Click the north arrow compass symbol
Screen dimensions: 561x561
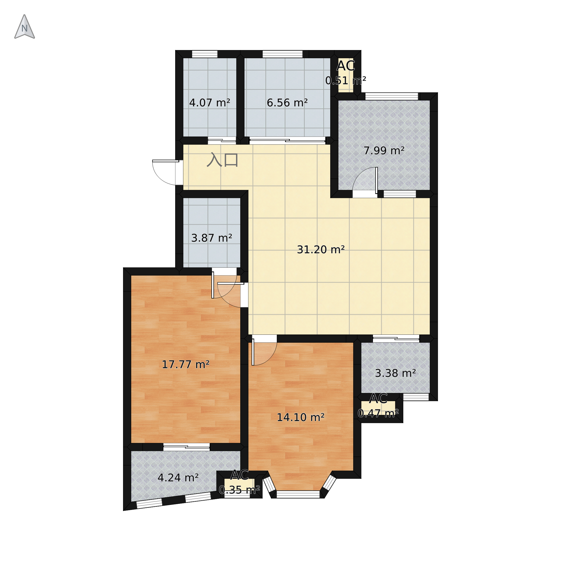pyautogui.click(x=25, y=27)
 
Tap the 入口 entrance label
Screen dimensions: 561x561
pyautogui.click(x=223, y=160)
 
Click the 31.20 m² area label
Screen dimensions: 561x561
pyautogui.click(x=320, y=250)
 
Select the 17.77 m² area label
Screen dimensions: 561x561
pyautogui.click(x=186, y=364)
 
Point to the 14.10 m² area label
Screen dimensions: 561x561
pyautogui.click(x=301, y=417)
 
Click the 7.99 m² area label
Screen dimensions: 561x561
pyautogui.click(x=384, y=151)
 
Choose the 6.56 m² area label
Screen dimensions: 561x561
pyautogui.click(x=287, y=103)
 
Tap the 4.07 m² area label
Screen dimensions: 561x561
pyautogui.click(x=210, y=103)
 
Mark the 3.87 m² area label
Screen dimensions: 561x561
pyautogui.click(x=212, y=238)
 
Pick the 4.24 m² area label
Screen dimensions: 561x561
pyautogui.click(x=178, y=478)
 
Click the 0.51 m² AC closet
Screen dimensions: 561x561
pyautogui.click(x=346, y=75)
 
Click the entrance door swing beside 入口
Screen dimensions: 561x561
pyautogui.click(x=166, y=173)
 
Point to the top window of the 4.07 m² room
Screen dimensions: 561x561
pyautogui.click(x=205, y=54)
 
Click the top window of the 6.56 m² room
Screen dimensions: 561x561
pyautogui.click(x=283, y=54)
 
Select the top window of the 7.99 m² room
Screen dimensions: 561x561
pyautogui.click(x=392, y=96)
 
